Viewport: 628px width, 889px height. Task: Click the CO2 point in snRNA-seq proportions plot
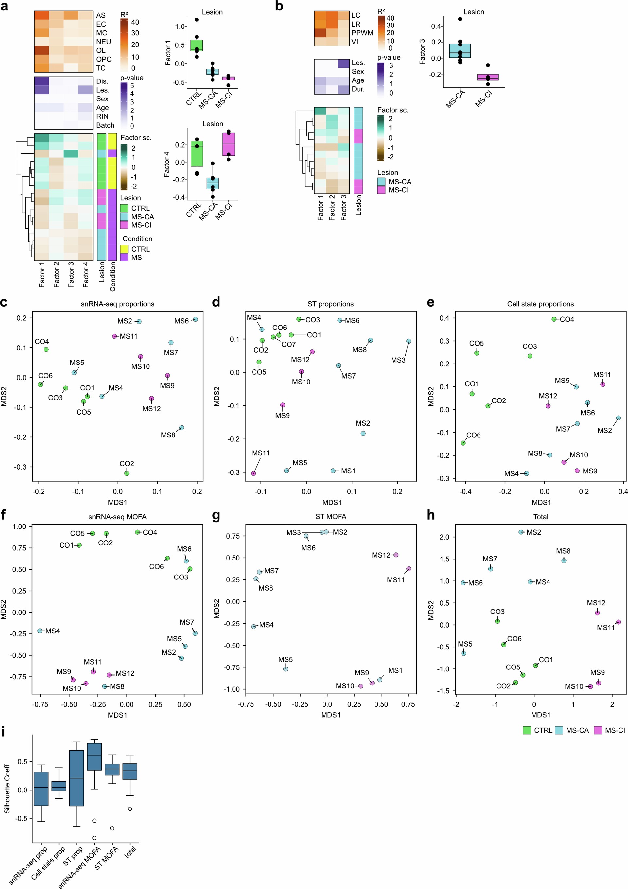click(127, 473)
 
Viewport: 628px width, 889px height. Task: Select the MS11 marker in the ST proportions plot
click(253, 473)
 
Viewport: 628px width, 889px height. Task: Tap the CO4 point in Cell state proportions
click(554, 319)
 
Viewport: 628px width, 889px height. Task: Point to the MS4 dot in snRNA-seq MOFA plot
click(40, 631)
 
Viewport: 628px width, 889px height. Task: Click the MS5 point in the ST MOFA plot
click(285, 669)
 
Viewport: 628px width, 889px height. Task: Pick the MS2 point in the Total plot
click(521, 532)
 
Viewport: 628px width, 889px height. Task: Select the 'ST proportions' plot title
click(330, 304)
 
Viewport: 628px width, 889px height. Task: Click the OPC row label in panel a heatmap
click(103, 59)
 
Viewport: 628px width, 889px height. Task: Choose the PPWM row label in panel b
click(362, 33)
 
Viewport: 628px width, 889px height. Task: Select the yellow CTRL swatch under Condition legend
click(124, 249)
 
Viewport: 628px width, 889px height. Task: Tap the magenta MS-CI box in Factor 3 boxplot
click(488, 78)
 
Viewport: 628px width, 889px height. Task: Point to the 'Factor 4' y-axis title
click(166, 165)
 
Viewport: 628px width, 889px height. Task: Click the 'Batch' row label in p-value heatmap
click(105, 125)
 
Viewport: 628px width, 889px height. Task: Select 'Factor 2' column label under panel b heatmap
click(332, 207)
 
